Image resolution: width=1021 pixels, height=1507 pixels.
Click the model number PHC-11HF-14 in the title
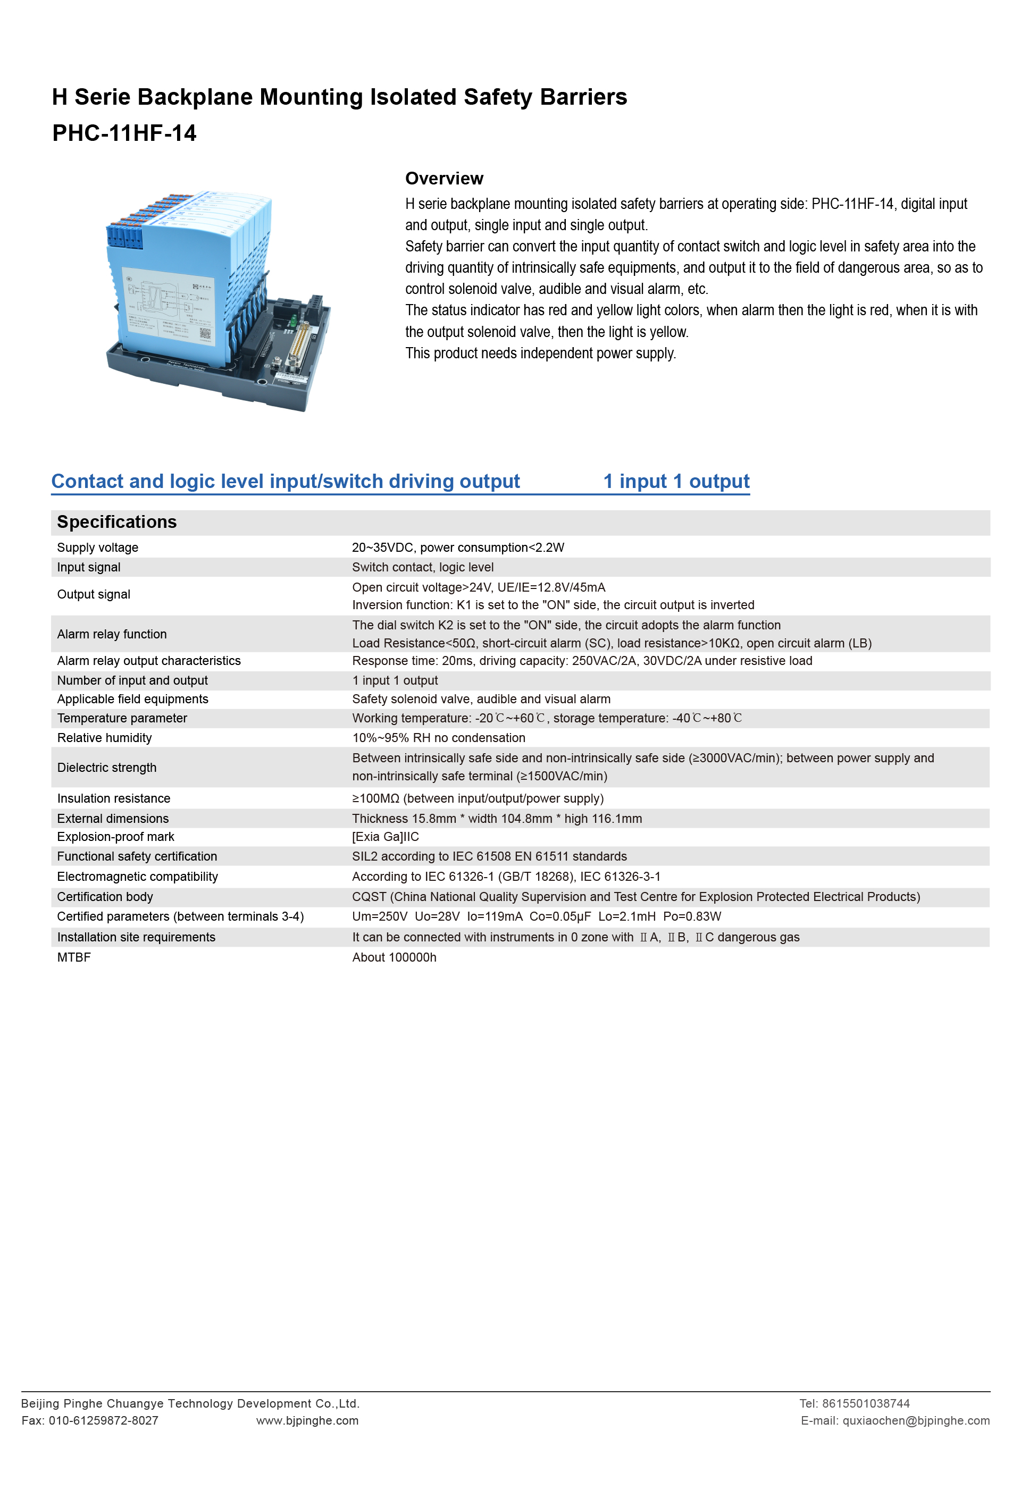(124, 133)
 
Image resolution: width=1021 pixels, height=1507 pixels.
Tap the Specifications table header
(117, 522)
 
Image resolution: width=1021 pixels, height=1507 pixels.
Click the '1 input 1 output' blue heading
(676, 481)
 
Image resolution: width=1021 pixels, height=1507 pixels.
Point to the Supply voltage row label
(97, 548)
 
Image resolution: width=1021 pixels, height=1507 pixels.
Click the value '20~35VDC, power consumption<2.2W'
(458, 548)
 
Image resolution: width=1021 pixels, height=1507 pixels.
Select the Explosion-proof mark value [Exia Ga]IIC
(386, 837)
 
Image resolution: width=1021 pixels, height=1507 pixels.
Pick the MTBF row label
(74, 957)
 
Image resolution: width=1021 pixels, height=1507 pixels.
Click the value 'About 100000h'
(395, 957)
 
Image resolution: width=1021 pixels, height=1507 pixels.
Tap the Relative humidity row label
(104, 737)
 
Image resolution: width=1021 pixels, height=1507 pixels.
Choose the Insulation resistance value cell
(478, 798)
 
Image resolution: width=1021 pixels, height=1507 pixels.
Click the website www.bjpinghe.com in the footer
(307, 1420)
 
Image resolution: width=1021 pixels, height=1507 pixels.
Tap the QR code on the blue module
(205, 334)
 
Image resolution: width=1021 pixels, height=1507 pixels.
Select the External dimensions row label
(113, 818)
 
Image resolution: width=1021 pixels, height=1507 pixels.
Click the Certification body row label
(105, 897)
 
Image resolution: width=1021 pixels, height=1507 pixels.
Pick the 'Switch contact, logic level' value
(423, 567)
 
